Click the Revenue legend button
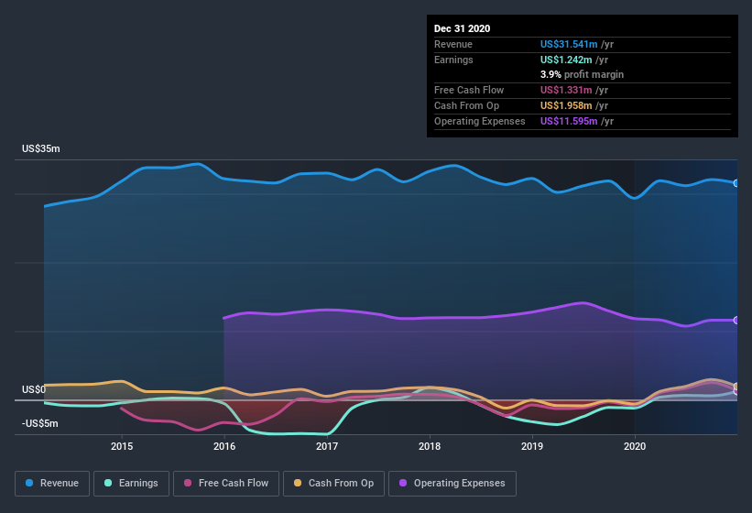53,483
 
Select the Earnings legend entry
131,483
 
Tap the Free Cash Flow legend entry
225,483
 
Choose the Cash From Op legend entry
332,483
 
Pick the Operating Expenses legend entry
452,483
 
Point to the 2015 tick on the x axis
122,446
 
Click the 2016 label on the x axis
224,446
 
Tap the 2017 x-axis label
327,446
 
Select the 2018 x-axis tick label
430,446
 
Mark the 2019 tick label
532,446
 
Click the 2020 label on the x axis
635,446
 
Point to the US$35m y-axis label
41,148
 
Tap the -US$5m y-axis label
40,423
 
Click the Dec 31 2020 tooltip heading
462,28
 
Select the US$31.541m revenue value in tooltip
569,44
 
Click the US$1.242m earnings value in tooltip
566,60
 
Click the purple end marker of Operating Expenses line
736,320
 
